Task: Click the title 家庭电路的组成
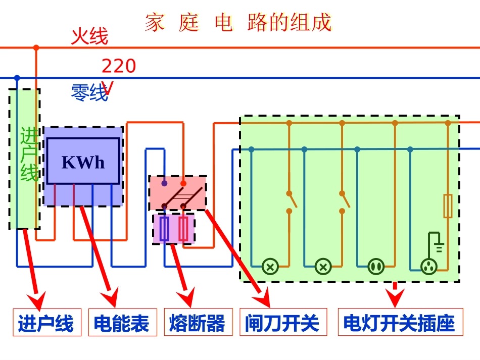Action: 238,23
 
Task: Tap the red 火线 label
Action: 89,36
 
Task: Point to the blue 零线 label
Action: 89,93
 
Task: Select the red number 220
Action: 119,66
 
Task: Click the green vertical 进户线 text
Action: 29,155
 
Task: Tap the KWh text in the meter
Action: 83,162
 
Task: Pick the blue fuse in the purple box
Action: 164,229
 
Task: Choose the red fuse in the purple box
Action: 183,229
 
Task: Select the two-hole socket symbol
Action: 375,266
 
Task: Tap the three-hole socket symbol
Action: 428,266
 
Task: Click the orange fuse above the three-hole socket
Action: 448,206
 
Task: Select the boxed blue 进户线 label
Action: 46,322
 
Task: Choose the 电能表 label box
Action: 121,322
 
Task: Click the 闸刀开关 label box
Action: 283,322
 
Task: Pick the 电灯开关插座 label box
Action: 400,322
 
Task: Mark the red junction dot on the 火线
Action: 36,48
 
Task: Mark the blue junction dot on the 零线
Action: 17,78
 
